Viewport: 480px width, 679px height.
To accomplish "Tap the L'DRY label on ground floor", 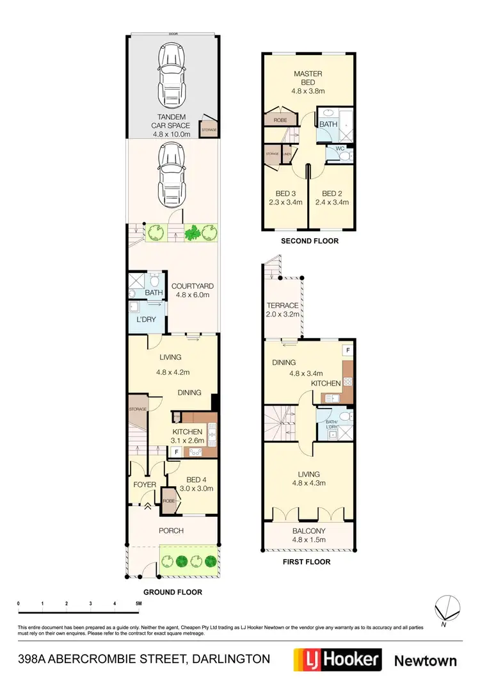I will pyautogui.click(x=146, y=319).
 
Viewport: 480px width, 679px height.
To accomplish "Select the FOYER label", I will pyautogui.click(x=145, y=485).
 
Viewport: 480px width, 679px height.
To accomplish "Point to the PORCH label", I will pyautogui.click(x=171, y=530).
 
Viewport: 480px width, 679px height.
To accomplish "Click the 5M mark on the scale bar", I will pyautogui.click(x=138, y=604).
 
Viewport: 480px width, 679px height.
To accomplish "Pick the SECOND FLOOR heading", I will pyautogui.click(x=310, y=241).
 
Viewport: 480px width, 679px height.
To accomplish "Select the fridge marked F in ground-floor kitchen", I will pyautogui.click(x=176, y=452).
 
